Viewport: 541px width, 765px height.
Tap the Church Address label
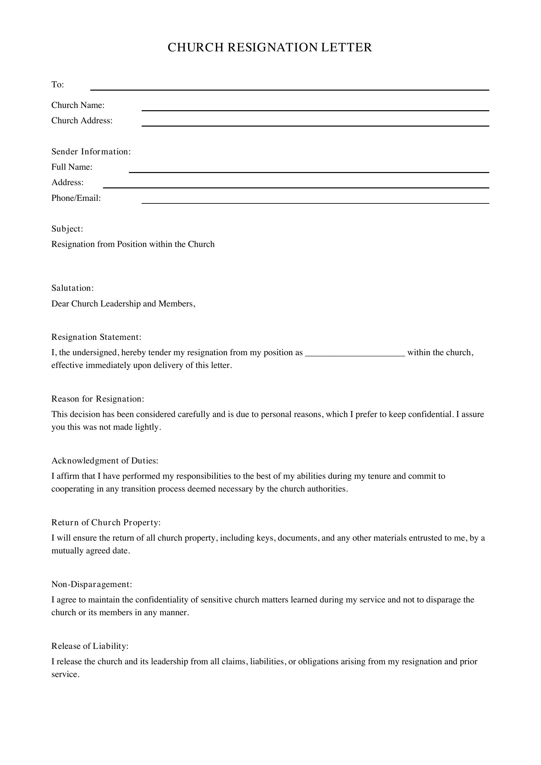82,121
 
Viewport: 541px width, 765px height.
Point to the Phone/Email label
76,198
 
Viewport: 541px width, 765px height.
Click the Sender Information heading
91,152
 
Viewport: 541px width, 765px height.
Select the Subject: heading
67,229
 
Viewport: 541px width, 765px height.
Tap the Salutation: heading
73,288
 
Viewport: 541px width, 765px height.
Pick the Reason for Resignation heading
97,399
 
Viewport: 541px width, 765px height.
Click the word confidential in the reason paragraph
430,414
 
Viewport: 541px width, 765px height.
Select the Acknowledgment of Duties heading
105,461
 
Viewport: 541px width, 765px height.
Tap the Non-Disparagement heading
92,584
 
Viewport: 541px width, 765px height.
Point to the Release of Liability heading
90,646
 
